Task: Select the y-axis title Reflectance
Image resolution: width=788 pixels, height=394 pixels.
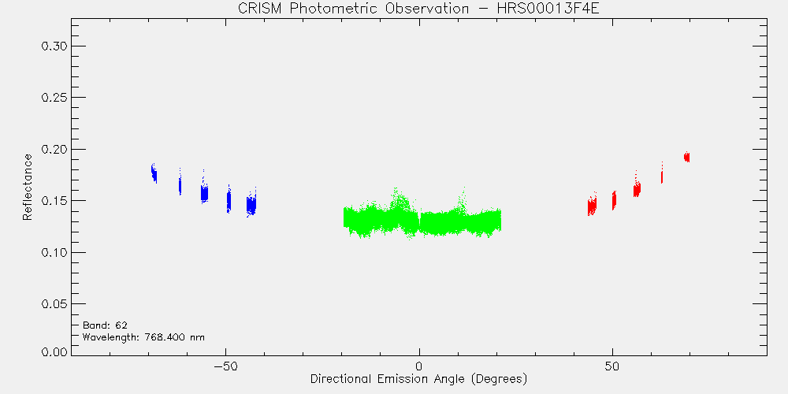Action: point(27,187)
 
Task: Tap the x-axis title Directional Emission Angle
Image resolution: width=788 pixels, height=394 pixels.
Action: point(387,378)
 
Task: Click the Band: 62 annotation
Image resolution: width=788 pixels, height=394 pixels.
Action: point(102,325)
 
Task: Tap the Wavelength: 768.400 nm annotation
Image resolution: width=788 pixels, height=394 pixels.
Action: point(143,337)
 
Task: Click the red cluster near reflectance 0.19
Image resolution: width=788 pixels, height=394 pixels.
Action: point(686,157)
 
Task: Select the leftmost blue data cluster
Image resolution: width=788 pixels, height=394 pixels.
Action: point(154,173)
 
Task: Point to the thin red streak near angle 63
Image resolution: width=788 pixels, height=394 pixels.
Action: point(662,173)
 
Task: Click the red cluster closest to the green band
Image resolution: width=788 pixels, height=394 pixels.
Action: point(592,204)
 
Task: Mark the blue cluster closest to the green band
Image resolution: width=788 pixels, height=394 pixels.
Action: point(251,203)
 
